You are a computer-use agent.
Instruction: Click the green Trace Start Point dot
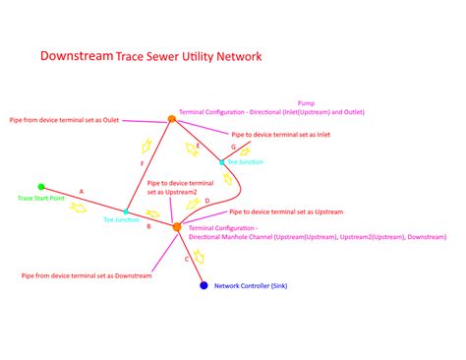click(x=41, y=186)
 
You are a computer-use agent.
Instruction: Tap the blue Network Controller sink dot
click(x=204, y=285)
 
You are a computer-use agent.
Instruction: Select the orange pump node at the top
click(x=171, y=119)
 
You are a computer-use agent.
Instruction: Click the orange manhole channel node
click(x=177, y=227)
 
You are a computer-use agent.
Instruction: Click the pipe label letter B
click(x=148, y=226)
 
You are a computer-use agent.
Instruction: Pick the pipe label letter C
click(x=187, y=259)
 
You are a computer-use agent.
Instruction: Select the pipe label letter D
click(x=206, y=201)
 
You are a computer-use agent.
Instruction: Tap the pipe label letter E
click(x=199, y=145)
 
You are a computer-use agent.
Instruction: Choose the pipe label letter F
click(x=143, y=162)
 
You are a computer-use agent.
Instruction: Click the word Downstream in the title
click(x=76, y=56)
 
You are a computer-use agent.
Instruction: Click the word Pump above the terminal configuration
click(x=305, y=102)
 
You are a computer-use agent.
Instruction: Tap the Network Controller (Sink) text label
click(x=250, y=285)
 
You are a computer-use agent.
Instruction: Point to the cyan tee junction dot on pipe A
click(x=126, y=211)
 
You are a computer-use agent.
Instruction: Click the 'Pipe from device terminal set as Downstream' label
click(x=87, y=275)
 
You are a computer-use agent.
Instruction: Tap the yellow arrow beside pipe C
click(x=200, y=256)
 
